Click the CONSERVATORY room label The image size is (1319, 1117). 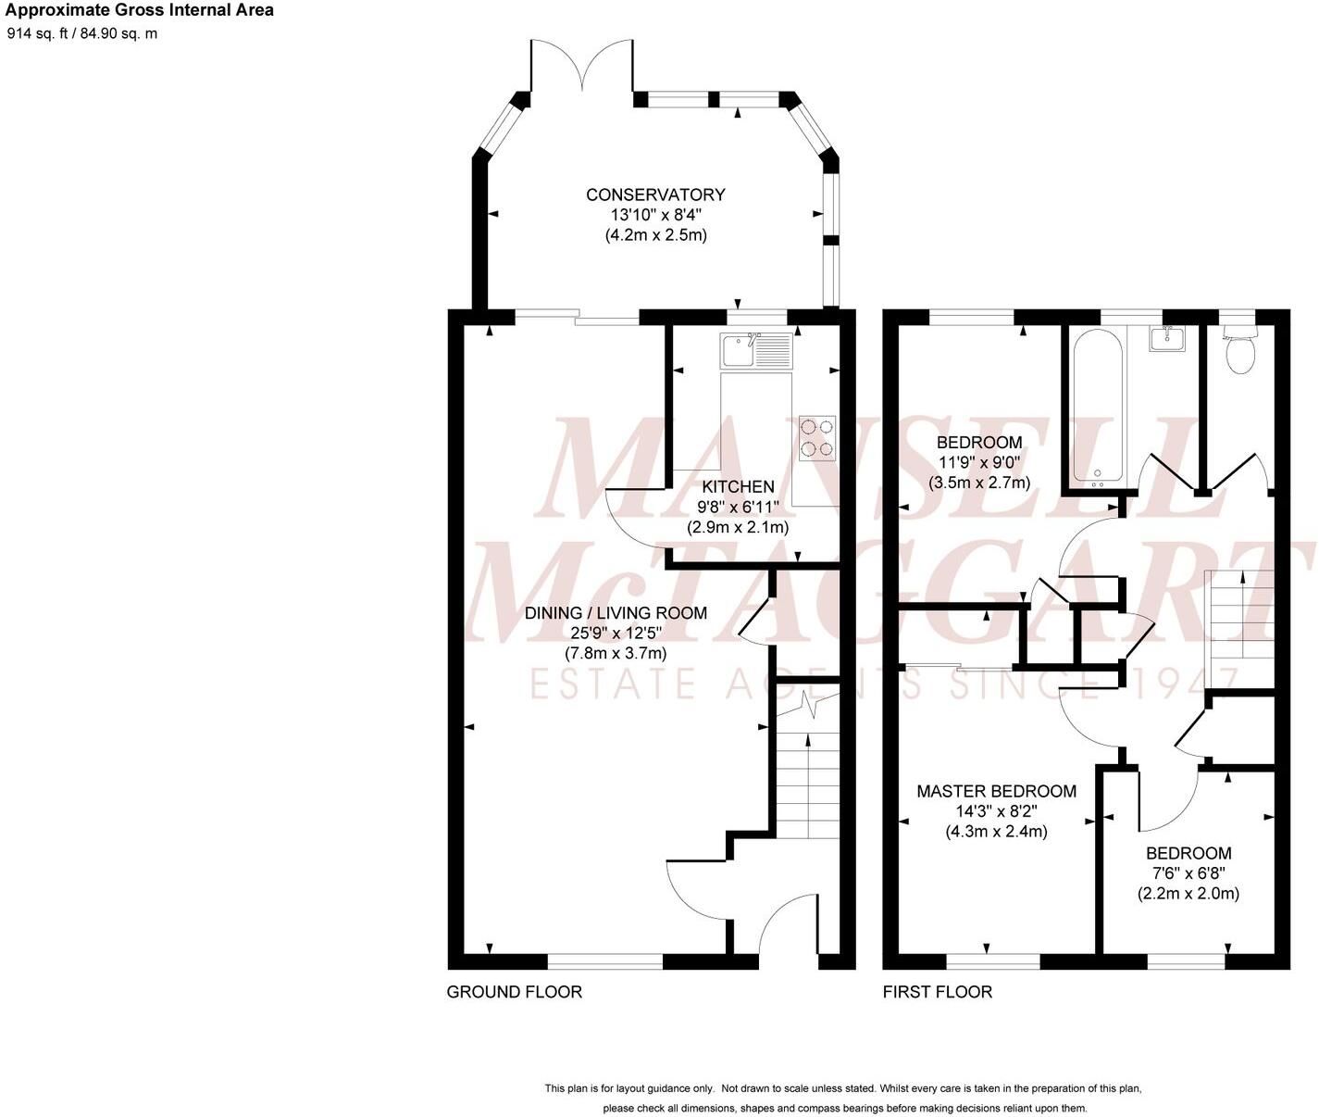tap(655, 195)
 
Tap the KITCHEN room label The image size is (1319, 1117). tap(738, 486)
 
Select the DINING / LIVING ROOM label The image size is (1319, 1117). tap(616, 613)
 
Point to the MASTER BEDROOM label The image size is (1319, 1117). tap(996, 791)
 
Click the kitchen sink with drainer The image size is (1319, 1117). tap(755, 351)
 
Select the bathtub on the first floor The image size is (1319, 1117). tap(1098, 407)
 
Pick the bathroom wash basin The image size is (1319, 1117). tap(1168, 339)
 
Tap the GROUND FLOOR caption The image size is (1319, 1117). tap(515, 992)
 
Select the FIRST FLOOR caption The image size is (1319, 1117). tap(937, 992)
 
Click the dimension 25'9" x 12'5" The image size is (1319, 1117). tap(616, 634)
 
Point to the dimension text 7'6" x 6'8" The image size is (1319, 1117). tap(1188, 873)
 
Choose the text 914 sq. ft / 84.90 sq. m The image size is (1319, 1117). tap(82, 33)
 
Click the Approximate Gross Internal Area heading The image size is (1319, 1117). tap(139, 10)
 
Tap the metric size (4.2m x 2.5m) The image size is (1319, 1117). tap(655, 235)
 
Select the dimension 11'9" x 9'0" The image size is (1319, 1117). tap(978, 462)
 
